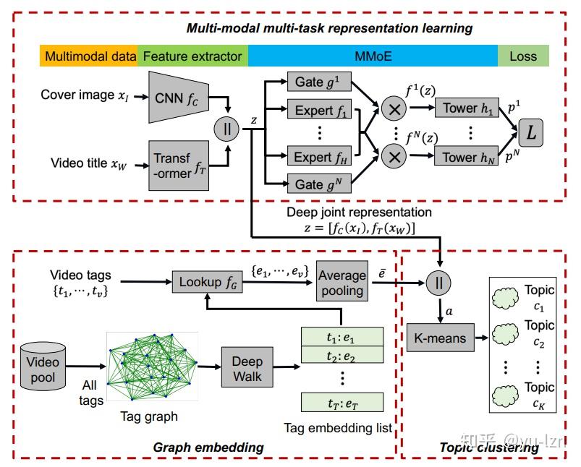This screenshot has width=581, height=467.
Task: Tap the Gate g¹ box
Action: (x=318, y=82)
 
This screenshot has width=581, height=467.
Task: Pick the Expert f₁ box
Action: (x=318, y=112)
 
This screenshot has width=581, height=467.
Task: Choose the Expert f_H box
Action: (x=318, y=157)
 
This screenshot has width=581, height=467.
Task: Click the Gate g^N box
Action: (x=318, y=184)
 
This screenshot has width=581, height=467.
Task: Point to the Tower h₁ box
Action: (x=466, y=108)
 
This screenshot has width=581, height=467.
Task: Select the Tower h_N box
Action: (x=466, y=157)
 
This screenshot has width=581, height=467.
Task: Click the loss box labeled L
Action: (x=532, y=132)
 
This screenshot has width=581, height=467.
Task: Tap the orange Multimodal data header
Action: (x=90, y=56)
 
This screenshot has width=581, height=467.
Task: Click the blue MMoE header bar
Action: (x=373, y=56)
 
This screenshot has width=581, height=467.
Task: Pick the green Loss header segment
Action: (x=523, y=56)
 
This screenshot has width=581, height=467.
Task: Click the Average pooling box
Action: (x=342, y=283)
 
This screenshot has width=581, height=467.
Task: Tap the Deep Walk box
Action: (x=247, y=369)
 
